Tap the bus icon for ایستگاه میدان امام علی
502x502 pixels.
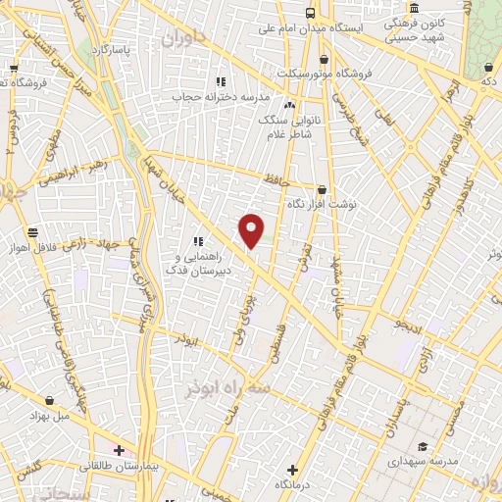pyautogui.click(x=310, y=13)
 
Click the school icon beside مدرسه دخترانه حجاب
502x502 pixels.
pyautogui.click(x=221, y=81)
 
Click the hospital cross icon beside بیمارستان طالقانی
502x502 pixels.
pyautogui.click(x=119, y=451)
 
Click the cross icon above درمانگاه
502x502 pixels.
pyautogui.click(x=291, y=470)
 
